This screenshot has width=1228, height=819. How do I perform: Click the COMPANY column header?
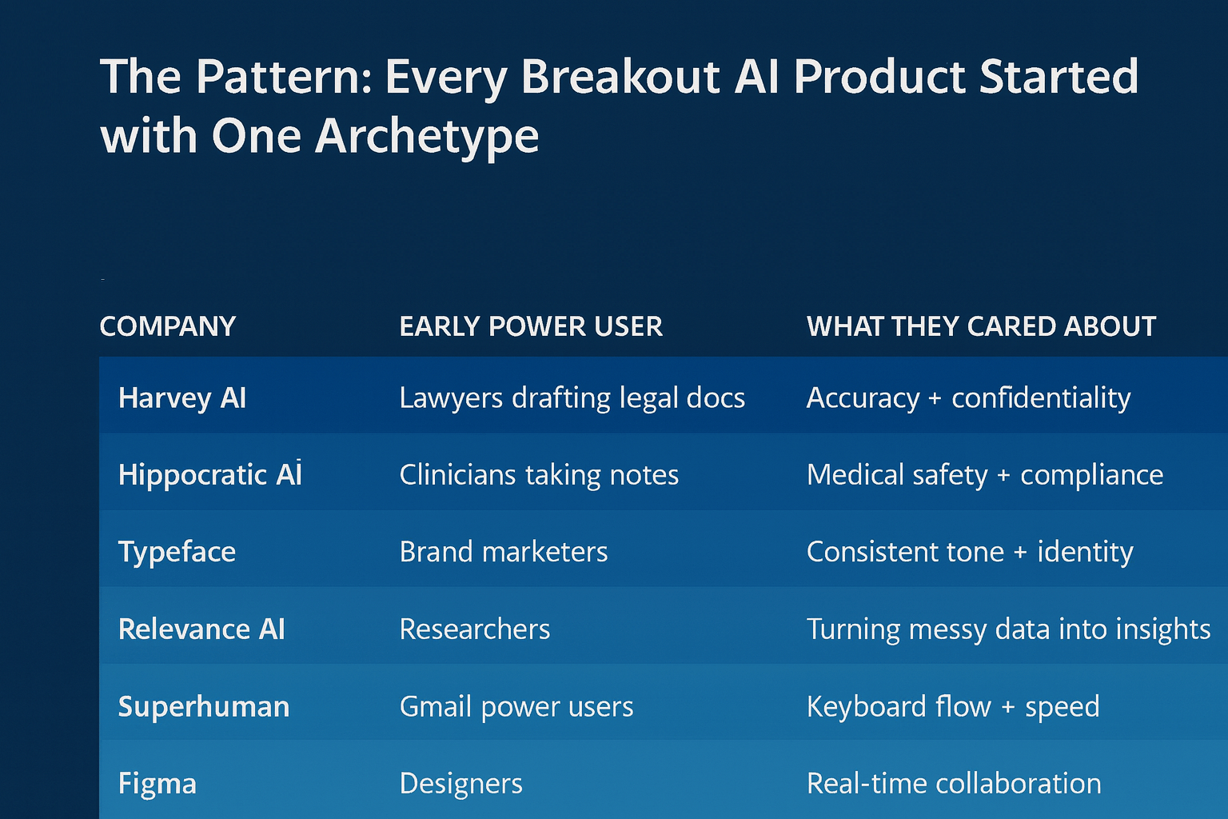pyautogui.click(x=168, y=326)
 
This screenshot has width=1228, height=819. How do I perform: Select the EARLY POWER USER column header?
pyautogui.click(x=531, y=326)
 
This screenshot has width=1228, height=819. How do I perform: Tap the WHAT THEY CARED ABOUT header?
pyautogui.click(x=981, y=326)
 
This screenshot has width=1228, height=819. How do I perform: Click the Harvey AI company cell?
pyautogui.click(x=182, y=398)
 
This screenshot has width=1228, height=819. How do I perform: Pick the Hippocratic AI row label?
pyautogui.click(x=210, y=474)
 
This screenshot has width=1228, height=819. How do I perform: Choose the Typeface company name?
pyautogui.click(x=177, y=552)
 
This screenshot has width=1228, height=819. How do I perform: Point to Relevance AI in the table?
pyautogui.click(x=201, y=629)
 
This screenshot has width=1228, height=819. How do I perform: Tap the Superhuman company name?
pyautogui.click(x=204, y=706)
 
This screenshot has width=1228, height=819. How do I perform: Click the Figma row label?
pyautogui.click(x=157, y=784)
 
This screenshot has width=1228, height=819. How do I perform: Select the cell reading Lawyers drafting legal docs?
pyautogui.click(x=572, y=398)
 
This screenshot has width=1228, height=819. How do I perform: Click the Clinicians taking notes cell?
pyautogui.click(x=539, y=474)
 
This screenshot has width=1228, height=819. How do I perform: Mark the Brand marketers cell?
pyautogui.click(x=504, y=552)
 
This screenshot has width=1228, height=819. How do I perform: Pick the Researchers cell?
pyautogui.click(x=475, y=629)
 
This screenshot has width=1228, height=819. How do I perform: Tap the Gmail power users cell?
pyautogui.click(x=516, y=706)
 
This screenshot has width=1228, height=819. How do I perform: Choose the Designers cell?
pyautogui.click(x=461, y=784)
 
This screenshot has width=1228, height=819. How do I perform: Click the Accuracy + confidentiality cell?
pyautogui.click(x=968, y=398)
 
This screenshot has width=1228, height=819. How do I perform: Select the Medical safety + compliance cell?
pyautogui.click(x=985, y=474)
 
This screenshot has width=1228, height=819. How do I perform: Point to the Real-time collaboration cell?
pyautogui.click(x=954, y=784)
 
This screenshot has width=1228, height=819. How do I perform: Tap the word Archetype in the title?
pyautogui.click(x=427, y=136)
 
